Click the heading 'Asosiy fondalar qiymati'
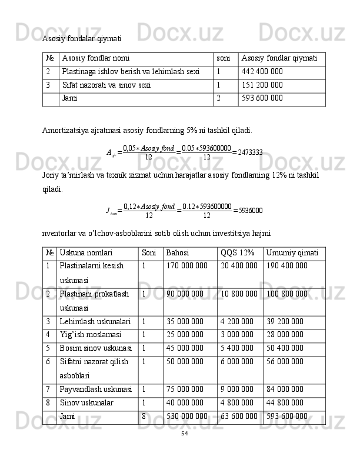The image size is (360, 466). [x=82, y=39]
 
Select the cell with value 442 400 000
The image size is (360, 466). [x=262, y=72]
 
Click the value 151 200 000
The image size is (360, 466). [x=262, y=85]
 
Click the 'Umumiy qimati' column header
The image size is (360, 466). [x=292, y=253]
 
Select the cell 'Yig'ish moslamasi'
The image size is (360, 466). [x=89, y=335]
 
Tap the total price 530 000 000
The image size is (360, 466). [x=187, y=417]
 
